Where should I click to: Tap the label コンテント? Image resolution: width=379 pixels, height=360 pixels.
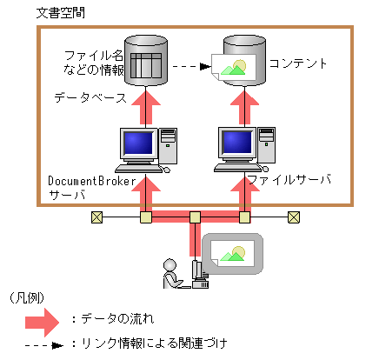299,63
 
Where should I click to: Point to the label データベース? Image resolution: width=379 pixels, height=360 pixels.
87,99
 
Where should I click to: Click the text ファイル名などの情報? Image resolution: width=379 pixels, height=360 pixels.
93,63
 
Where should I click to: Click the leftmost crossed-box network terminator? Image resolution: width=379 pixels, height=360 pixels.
96,217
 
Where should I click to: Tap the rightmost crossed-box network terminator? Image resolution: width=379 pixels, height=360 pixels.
295,217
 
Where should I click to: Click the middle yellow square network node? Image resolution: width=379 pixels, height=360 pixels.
196,217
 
